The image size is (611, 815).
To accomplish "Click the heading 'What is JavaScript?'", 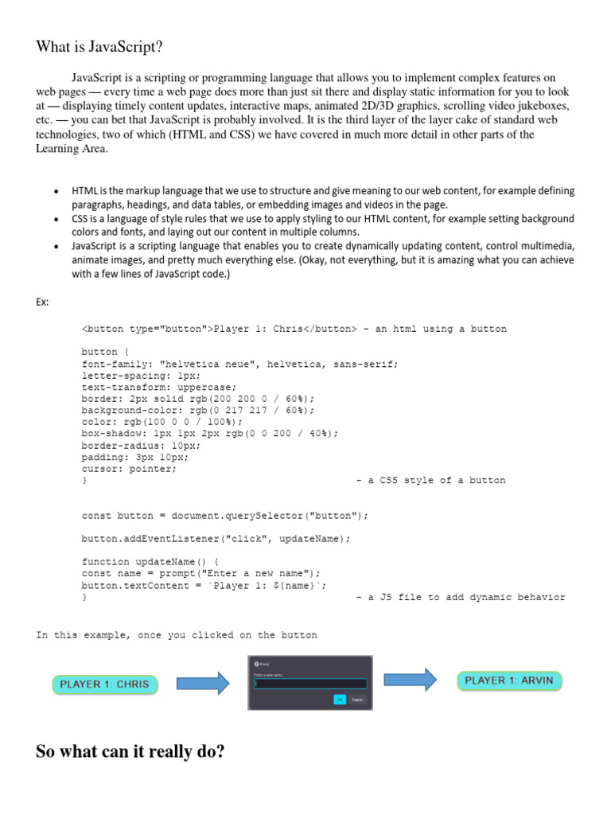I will coord(99,48).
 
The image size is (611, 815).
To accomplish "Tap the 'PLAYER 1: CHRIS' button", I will coord(105,684).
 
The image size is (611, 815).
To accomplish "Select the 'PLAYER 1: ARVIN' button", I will coord(509,680).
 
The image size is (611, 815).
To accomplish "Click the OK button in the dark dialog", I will coord(340,700).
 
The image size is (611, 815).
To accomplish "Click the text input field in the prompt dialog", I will coord(309,683).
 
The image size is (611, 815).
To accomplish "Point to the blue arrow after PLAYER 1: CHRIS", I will coord(202,683).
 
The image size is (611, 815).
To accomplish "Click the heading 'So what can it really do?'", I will coord(130,751).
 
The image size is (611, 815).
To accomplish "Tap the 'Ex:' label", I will coord(44,301).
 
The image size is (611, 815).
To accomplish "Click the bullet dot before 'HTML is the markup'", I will coord(55,193).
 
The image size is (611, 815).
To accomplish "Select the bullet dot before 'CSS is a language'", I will coord(55,219).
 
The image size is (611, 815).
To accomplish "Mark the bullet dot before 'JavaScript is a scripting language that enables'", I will coord(55,247).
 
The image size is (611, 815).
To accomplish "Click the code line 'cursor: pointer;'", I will coord(129,469).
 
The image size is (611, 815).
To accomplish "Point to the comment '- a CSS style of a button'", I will coord(430,481).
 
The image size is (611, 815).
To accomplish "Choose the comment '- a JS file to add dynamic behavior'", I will coord(461,597).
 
